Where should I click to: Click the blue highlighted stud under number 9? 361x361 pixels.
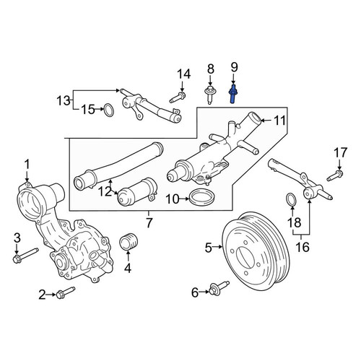click(x=232, y=94)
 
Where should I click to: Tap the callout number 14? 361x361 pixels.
click(x=184, y=74)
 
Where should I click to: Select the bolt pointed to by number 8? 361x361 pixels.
click(x=210, y=95)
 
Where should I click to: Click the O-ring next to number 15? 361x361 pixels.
click(x=109, y=110)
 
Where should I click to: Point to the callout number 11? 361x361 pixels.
click(x=280, y=121)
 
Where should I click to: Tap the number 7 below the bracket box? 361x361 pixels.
click(x=149, y=222)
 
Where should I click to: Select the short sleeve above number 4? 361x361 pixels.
click(x=129, y=241)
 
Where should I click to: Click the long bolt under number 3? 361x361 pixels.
click(x=25, y=255)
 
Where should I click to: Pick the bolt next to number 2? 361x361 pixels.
click(x=66, y=292)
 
